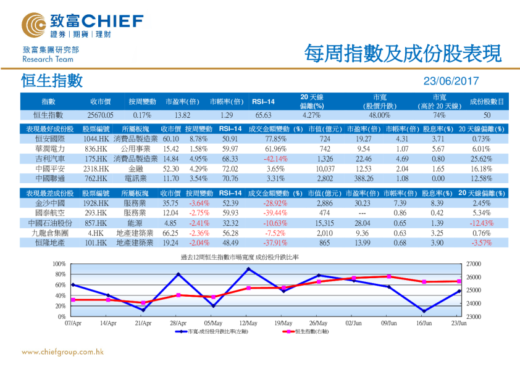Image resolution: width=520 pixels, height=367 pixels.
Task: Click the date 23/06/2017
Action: tap(451, 81)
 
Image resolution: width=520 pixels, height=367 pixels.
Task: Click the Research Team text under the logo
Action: tap(48, 59)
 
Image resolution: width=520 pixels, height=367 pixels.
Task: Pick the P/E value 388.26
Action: tap(358, 178)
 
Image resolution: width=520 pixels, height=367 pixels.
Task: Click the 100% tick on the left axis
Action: tap(61, 264)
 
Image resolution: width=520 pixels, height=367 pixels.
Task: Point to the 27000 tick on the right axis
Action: tap(472, 264)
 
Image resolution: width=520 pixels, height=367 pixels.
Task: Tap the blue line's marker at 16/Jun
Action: tap(424, 311)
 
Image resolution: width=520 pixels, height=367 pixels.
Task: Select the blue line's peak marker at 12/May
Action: tap(248, 269)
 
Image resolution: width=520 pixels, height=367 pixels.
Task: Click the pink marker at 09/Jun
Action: tap(389, 276)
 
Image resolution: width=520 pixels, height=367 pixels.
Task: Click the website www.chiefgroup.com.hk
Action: tap(62, 352)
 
